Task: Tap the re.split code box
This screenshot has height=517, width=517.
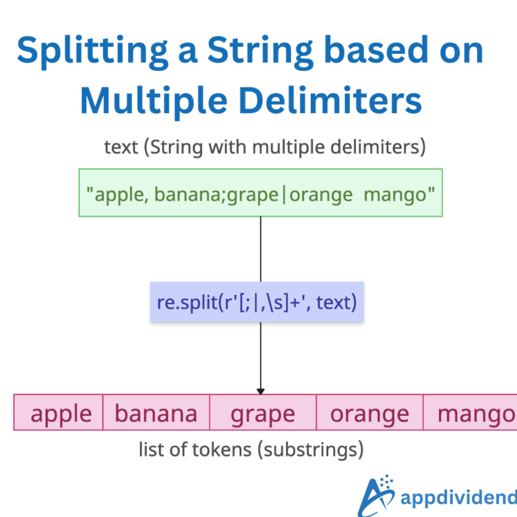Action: (x=257, y=302)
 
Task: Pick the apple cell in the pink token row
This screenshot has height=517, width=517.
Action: (x=61, y=414)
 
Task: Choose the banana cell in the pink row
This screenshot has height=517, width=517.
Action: (x=156, y=414)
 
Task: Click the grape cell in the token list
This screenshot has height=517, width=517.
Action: (x=263, y=414)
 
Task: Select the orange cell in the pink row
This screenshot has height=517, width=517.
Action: (x=369, y=414)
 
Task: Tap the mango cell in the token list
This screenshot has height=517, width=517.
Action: (x=472, y=414)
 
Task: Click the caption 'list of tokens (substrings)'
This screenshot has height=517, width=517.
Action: (x=251, y=450)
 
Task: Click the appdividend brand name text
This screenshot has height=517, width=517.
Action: (x=458, y=498)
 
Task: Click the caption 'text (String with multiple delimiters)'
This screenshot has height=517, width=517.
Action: (x=265, y=147)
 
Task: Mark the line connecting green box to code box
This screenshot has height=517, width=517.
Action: (x=261, y=248)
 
